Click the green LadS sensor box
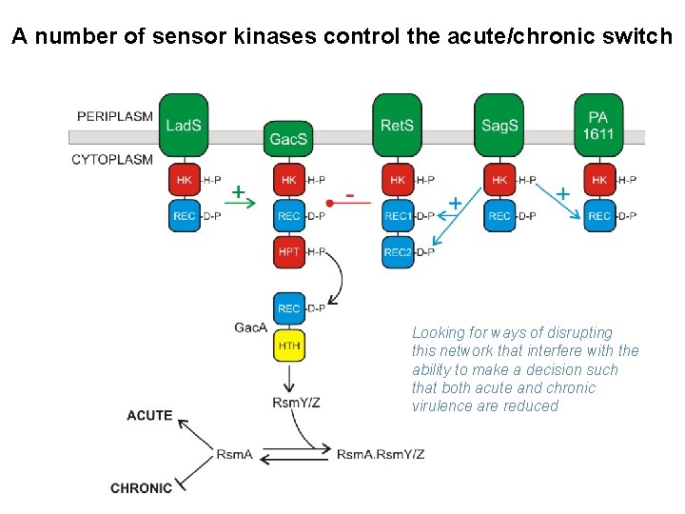tap(184, 125)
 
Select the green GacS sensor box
tap(288, 139)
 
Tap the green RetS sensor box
tap(397, 125)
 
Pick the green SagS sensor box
tap(499, 125)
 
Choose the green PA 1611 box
tap(598, 125)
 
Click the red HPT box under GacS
tap(289, 251)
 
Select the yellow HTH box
tap(289, 346)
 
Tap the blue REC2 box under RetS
tap(398, 251)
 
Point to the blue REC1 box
tap(398, 216)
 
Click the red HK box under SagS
tap(499, 180)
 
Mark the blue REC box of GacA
tap(289, 308)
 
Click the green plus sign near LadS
tap(238, 191)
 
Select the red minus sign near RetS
tap(349, 196)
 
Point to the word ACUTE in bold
tap(149, 415)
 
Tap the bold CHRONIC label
tap(141, 487)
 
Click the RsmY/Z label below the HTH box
tap(296, 402)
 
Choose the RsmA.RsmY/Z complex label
tap(380, 455)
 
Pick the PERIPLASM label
tap(115, 116)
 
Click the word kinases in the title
tap(275, 36)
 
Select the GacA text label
tap(250, 327)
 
